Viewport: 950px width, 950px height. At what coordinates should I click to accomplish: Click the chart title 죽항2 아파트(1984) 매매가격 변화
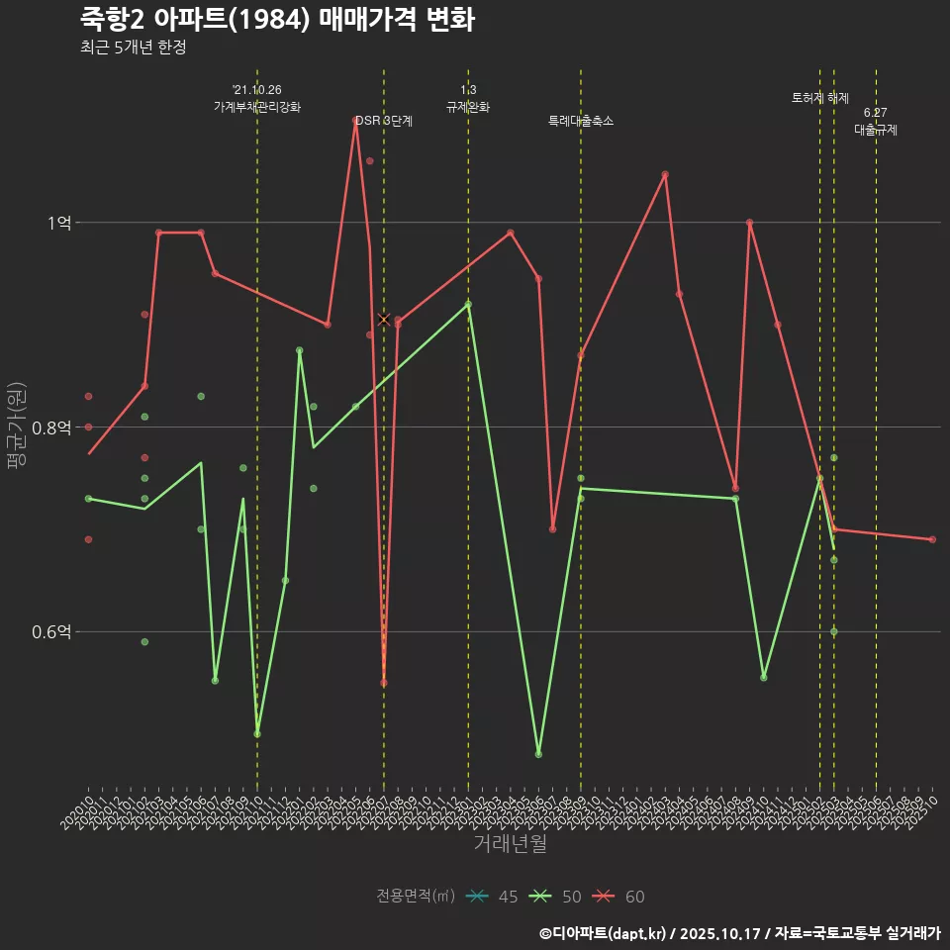[x=277, y=19]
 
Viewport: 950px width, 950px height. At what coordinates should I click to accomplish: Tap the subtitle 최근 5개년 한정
[x=133, y=47]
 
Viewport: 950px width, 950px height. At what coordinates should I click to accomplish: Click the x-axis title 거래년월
[x=510, y=844]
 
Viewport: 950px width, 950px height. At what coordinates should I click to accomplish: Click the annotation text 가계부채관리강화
[x=257, y=107]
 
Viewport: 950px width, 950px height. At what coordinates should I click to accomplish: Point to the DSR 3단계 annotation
[x=384, y=121]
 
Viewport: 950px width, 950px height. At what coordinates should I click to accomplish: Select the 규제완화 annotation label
[x=468, y=107]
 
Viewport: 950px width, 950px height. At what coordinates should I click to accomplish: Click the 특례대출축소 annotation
[x=581, y=121]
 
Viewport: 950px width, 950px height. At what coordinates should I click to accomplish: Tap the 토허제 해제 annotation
[x=820, y=98]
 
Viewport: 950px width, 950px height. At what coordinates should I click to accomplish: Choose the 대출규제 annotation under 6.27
[x=876, y=130]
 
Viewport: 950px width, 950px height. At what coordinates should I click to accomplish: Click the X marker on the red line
[x=384, y=319]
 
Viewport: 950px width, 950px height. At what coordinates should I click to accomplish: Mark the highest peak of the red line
[x=355, y=121]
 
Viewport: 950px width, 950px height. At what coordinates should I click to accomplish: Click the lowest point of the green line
[x=538, y=754]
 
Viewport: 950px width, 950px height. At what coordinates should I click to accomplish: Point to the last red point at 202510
[x=932, y=539]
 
